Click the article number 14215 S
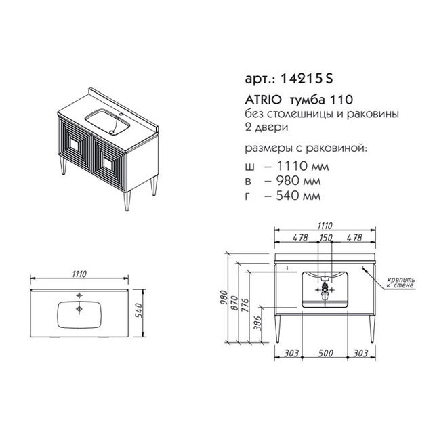coord(306,79)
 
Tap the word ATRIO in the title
coord(263,100)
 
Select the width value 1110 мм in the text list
coord(303,166)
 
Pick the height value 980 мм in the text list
coord(298,181)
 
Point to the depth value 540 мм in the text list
coord(298,196)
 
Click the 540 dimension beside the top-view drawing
coord(140,310)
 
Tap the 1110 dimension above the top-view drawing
coord(79,274)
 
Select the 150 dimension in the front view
coord(325,237)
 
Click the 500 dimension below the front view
coord(325,353)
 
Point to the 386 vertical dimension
coord(257,323)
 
